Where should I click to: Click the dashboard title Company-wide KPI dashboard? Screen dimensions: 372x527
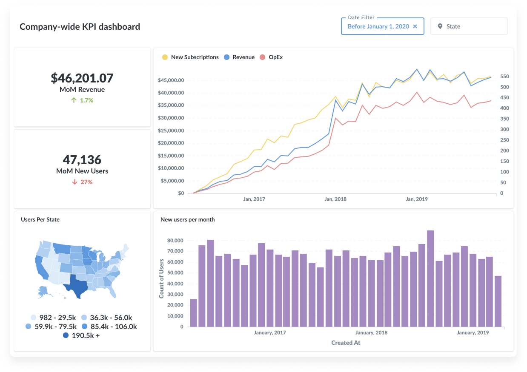click(x=80, y=26)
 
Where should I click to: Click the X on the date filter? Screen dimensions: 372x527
click(x=415, y=26)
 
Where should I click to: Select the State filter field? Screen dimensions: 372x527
click(x=469, y=26)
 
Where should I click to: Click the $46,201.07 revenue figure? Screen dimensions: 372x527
click(x=82, y=78)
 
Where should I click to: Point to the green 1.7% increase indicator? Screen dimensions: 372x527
click(x=82, y=100)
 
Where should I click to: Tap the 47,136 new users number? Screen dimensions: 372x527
click(x=82, y=160)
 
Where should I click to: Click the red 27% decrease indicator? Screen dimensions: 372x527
click(x=82, y=182)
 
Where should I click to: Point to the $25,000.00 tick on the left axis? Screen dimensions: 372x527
click(x=171, y=131)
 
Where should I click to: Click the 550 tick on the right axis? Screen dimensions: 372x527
click(x=504, y=77)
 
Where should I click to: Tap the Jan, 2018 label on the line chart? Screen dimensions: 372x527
click(x=335, y=199)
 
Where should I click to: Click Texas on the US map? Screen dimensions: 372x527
click(x=77, y=285)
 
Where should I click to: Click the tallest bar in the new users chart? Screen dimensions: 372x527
click(x=430, y=278)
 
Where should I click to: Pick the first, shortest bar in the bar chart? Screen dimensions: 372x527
click(x=194, y=313)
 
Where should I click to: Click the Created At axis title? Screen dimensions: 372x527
click(x=346, y=342)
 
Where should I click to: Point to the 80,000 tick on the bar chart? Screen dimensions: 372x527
click(x=174, y=241)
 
